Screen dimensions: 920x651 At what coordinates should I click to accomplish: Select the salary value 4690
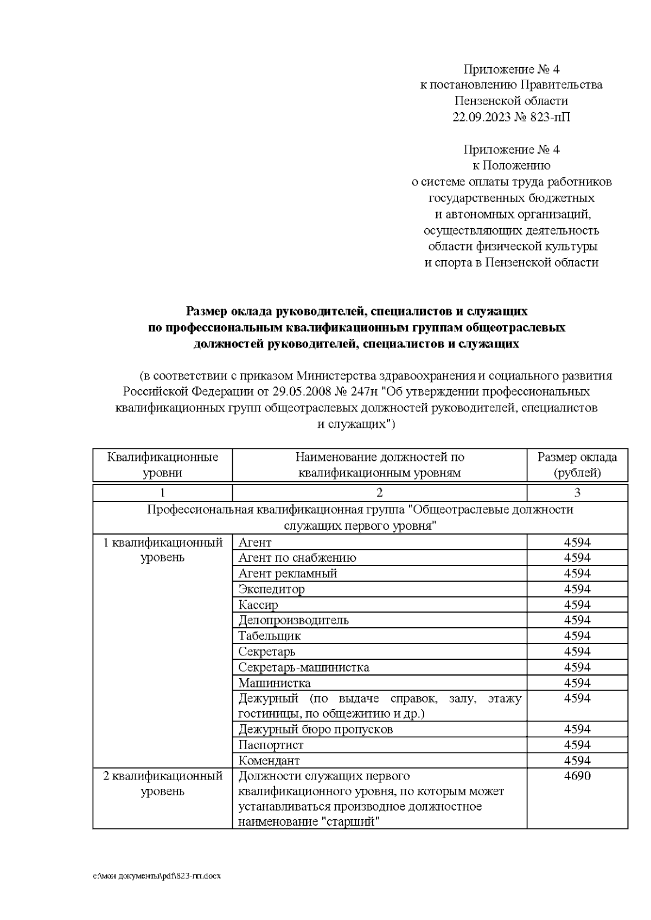point(577,776)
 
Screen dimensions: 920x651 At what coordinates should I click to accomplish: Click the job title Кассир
point(258,604)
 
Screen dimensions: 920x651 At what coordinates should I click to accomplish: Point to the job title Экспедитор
point(271,589)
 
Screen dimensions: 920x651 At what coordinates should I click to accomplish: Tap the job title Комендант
point(269,761)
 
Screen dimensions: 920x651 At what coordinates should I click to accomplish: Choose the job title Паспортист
point(271,745)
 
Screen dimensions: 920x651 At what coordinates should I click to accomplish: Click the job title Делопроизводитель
point(293,620)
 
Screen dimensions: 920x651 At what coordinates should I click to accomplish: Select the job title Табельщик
point(269,635)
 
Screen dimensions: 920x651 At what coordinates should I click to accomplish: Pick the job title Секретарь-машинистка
point(303,667)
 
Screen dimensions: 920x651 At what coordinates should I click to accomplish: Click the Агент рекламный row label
point(288,573)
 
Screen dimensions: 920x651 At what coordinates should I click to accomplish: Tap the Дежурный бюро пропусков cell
point(315,729)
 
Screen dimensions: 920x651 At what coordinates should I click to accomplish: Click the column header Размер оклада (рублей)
point(577,465)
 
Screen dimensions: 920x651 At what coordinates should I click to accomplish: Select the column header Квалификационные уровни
point(163,465)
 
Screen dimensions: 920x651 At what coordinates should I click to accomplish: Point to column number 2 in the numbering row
point(379,493)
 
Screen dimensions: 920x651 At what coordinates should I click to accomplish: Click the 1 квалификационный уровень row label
point(163,550)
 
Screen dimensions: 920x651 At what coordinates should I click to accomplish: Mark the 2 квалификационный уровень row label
point(163,783)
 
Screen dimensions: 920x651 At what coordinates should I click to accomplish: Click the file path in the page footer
point(157,876)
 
